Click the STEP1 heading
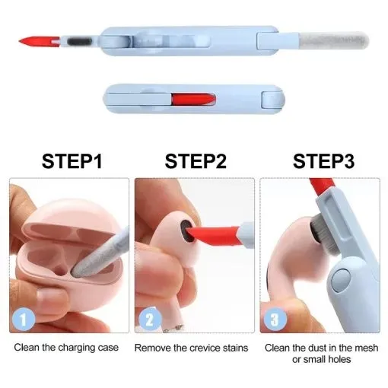72,161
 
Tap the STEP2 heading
196,161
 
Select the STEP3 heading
323,161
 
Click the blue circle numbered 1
24,319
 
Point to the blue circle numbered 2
150,319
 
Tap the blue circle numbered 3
275,319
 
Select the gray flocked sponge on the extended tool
333,40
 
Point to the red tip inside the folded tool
193,99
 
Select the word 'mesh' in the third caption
367,348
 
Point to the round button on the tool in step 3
341,279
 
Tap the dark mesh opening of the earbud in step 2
187,231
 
